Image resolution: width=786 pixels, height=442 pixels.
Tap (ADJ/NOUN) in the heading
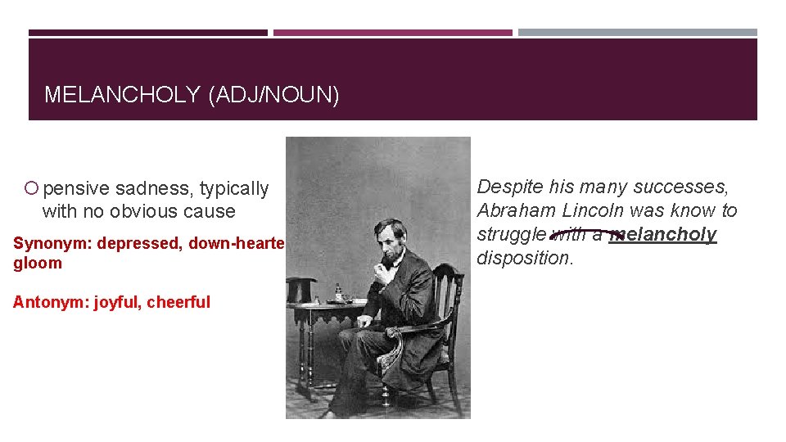point(273,95)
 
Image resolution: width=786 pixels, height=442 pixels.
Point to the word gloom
point(38,263)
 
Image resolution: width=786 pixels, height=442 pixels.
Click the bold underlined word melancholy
point(664,234)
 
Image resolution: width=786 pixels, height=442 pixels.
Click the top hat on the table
point(300,290)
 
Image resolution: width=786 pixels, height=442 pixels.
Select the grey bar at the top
point(638,33)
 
